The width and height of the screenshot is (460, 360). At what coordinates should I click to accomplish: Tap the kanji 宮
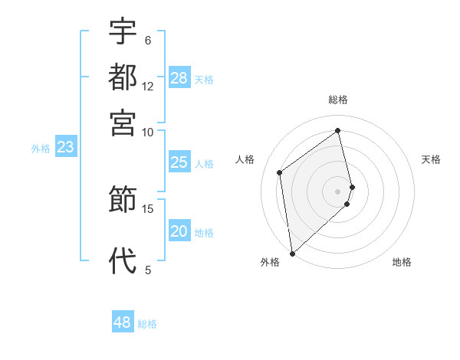tap(123, 123)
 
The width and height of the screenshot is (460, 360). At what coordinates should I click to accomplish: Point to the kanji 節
tap(123, 201)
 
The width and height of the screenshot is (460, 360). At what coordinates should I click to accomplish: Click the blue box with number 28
tap(179, 78)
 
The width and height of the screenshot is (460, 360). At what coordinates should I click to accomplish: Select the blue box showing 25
tap(179, 162)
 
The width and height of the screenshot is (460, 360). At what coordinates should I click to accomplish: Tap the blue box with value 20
tap(179, 232)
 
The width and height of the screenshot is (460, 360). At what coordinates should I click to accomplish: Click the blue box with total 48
tap(123, 322)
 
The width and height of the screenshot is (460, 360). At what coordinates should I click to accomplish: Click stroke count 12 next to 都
tap(148, 87)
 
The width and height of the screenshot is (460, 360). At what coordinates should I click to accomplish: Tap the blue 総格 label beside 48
tap(147, 324)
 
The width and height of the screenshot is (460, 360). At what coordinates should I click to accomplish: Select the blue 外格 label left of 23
tap(40, 149)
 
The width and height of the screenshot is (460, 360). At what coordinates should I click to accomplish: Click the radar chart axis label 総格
tap(338, 100)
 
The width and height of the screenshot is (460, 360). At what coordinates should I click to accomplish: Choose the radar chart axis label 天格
tap(431, 159)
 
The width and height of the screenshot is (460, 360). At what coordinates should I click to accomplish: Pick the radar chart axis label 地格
tap(402, 262)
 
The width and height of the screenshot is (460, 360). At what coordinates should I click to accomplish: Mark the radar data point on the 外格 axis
tap(292, 254)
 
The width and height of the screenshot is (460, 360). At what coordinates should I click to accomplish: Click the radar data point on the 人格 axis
tap(280, 172)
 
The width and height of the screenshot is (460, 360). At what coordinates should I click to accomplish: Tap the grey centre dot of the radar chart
tap(338, 190)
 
